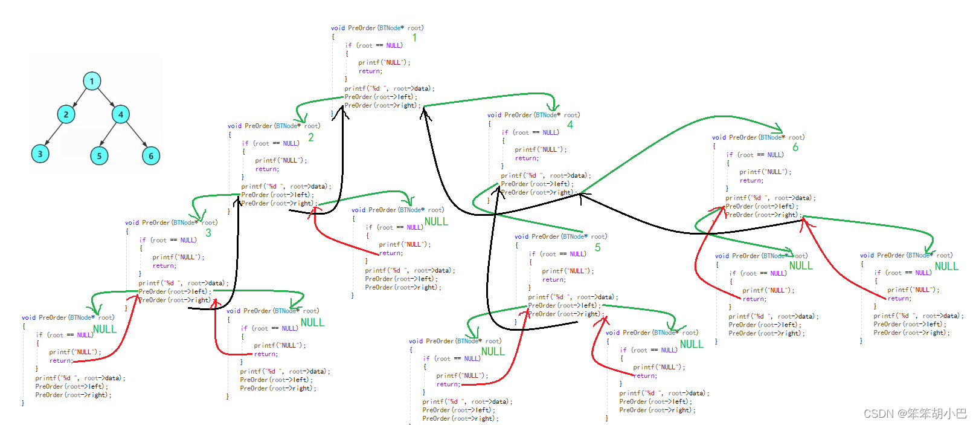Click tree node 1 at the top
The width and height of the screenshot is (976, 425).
92,81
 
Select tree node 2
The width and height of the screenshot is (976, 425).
66,114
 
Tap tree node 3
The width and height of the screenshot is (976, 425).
40,154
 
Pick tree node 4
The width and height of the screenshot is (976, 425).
121,114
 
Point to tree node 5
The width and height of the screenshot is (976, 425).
99,156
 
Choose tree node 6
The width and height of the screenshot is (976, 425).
151,156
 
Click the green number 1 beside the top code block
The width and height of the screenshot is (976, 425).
414,37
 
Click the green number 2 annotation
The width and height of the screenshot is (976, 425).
311,138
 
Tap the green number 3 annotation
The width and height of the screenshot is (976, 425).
208,233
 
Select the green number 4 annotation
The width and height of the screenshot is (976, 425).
570,125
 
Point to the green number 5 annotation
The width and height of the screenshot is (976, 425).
597,247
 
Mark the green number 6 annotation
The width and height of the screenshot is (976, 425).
795,148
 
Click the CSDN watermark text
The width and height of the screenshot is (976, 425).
914,414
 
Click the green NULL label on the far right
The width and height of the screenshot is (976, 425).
946,267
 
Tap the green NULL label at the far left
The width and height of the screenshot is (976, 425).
104,329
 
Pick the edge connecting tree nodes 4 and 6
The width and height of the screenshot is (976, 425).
136,134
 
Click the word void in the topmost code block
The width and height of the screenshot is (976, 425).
338,28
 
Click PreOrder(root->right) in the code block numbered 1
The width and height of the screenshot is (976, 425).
380,106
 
